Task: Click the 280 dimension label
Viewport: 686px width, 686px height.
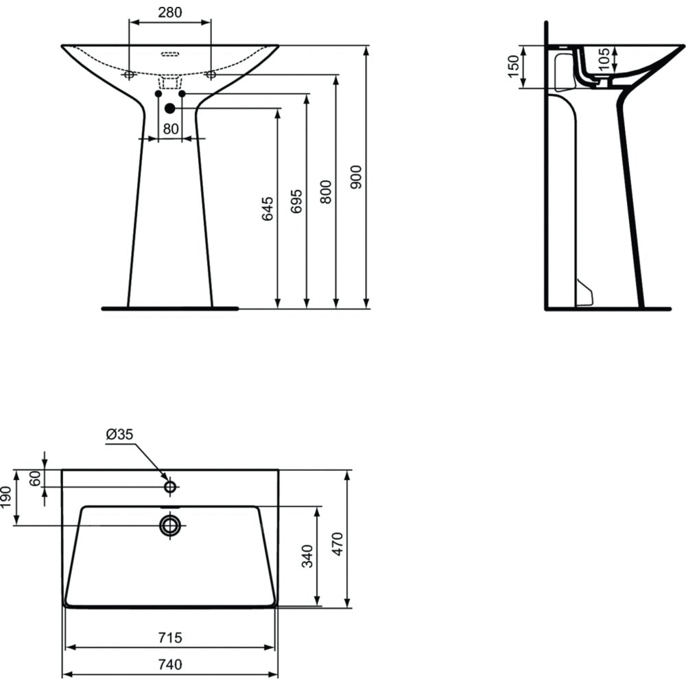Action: pos(169,12)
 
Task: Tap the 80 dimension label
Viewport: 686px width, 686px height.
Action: pos(171,129)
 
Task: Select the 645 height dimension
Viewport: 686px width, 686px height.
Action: pos(268,209)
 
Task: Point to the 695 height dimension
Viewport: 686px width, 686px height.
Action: pos(296,201)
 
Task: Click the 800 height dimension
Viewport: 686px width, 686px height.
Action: pos(325,192)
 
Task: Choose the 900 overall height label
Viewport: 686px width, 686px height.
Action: pos(356,177)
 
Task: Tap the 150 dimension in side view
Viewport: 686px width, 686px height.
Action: pos(514,67)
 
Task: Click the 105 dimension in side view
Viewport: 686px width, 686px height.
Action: pos(604,58)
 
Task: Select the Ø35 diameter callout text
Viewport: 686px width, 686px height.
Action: pos(119,434)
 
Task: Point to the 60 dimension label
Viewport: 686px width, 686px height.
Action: pos(35,477)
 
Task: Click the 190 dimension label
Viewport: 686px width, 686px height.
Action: pos(6,497)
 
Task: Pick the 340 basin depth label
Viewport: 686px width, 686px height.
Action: pos(307,556)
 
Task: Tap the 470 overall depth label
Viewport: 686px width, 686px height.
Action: pos(338,544)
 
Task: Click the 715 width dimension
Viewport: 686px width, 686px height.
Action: pos(169,637)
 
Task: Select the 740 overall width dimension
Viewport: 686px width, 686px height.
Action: pos(169,665)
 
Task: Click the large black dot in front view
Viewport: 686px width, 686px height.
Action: pos(169,108)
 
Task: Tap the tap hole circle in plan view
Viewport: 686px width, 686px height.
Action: pos(170,486)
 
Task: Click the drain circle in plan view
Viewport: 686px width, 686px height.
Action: pos(170,525)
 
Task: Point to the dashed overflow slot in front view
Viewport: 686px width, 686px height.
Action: pos(170,54)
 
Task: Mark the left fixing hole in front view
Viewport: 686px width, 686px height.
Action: pos(129,75)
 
